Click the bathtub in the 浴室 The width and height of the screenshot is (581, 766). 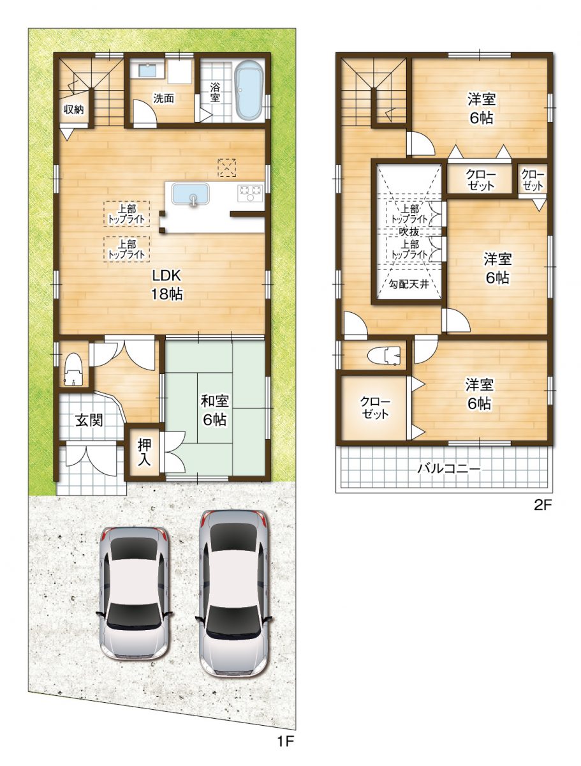coord(249,92)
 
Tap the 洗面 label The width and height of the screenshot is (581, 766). coord(163,98)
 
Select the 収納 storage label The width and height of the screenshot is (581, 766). coord(74,109)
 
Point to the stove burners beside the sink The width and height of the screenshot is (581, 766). coord(251,191)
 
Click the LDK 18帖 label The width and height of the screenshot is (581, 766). coord(167,285)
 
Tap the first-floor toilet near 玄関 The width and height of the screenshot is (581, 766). coord(74,368)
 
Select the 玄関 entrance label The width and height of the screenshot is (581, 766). coord(90,420)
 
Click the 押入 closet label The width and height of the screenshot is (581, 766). coord(144,452)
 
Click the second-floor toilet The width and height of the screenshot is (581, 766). coord(385,355)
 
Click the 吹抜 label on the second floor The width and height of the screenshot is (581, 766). coord(408,231)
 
